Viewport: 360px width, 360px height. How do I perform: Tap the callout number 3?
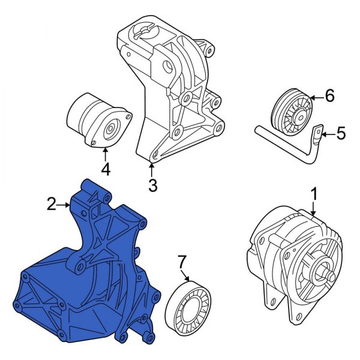point(152,185)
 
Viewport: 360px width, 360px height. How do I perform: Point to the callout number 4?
point(106,169)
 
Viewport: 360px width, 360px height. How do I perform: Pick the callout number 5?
point(340,133)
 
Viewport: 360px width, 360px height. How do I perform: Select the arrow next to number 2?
point(65,205)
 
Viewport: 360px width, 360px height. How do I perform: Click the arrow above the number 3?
point(152,169)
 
